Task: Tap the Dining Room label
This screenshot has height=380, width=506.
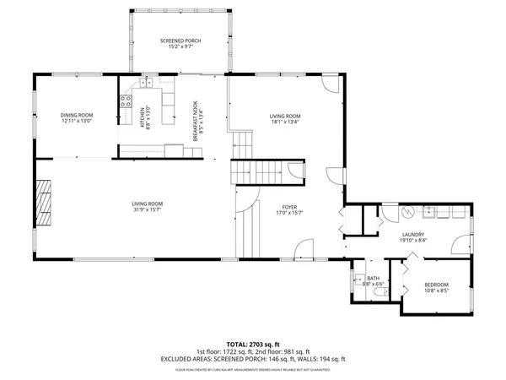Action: pyautogui.click(x=76, y=116)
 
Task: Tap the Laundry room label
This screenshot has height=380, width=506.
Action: pyautogui.click(x=412, y=235)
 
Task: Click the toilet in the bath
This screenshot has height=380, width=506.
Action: pyautogui.click(x=358, y=279)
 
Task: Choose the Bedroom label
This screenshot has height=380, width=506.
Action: pyautogui.click(x=436, y=285)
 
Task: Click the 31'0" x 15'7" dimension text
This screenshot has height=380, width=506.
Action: pyautogui.click(x=147, y=209)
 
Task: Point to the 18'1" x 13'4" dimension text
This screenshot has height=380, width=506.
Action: pyautogui.click(x=285, y=122)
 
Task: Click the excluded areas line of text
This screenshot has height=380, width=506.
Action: pyautogui.click(x=252, y=359)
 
